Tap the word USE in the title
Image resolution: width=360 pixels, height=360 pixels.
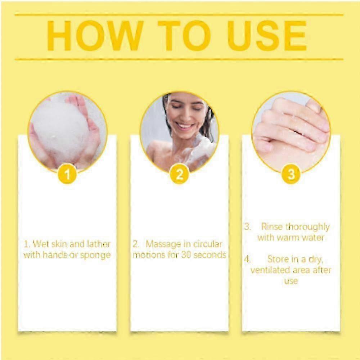pyautogui.click(x=267, y=36)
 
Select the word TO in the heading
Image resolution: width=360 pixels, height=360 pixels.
pyautogui.click(x=184, y=36)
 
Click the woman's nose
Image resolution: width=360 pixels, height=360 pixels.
pyautogui.click(x=184, y=116)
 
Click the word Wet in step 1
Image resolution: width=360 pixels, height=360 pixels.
pyautogui.click(x=41, y=244)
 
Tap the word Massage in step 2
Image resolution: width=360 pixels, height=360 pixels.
pyautogui.click(x=163, y=244)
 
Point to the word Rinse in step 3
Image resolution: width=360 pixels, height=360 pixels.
pyautogui.click(x=272, y=227)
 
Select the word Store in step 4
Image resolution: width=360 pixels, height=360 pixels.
pyautogui.click(x=278, y=259)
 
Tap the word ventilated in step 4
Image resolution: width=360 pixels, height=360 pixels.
pyautogui.click(x=270, y=270)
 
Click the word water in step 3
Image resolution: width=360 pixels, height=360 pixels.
pyautogui.click(x=313, y=238)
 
